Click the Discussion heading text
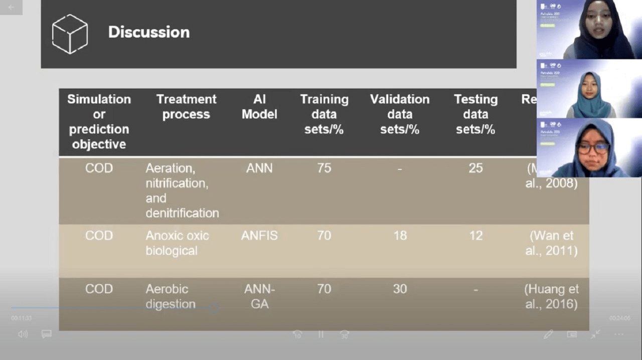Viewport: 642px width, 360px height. point(149,32)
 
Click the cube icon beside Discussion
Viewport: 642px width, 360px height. point(70,34)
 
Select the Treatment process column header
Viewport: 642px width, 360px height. point(186,107)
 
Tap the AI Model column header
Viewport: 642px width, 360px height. point(259,107)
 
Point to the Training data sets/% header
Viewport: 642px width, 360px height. point(324,114)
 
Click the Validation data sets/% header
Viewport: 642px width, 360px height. point(400,114)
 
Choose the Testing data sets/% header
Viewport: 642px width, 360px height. point(475,114)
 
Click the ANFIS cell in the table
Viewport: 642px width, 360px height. point(259,236)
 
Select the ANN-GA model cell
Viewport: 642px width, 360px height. point(259,296)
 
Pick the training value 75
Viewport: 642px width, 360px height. point(324,168)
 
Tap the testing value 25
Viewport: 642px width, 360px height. point(475,168)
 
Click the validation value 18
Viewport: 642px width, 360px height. point(400,236)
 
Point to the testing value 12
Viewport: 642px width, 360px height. point(475,236)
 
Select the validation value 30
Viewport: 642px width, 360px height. point(400,289)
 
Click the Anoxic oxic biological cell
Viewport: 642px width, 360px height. point(177,243)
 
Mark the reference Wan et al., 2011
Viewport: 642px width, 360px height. point(551,243)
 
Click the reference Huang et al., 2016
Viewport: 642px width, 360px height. point(551,296)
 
